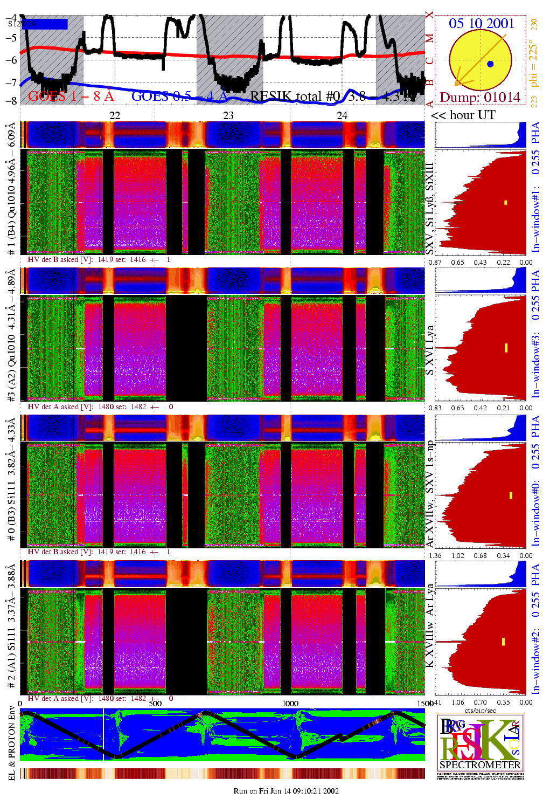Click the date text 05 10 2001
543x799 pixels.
coord(481,23)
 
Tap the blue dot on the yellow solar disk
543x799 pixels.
coord(490,64)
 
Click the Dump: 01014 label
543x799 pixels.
coord(480,98)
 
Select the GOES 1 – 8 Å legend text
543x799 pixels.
coord(71,97)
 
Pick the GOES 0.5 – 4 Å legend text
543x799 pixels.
coord(179,97)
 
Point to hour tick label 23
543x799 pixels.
coord(228,115)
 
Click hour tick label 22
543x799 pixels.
coord(115,115)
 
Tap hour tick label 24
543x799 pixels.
coord(342,115)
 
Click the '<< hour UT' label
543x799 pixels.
coord(463,115)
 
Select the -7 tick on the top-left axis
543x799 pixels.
coord(11,82)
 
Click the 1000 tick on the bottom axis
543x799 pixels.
coord(290,703)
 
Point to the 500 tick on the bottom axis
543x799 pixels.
coord(155,703)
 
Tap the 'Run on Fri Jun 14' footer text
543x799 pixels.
coord(286,791)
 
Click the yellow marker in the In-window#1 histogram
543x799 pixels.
coord(506,203)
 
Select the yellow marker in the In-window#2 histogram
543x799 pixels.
coord(503,642)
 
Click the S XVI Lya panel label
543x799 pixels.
coord(429,350)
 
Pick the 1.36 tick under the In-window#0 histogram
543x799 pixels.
coord(435,556)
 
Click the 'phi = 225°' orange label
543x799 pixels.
coord(533,63)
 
